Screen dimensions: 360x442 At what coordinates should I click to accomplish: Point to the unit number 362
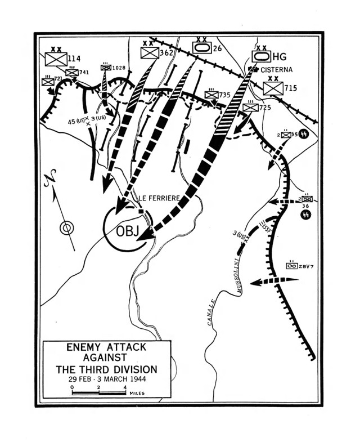point(166,53)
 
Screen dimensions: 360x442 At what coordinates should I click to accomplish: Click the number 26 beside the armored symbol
point(218,48)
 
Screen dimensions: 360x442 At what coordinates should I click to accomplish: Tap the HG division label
point(280,56)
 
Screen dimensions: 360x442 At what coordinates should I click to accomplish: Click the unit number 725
point(266,107)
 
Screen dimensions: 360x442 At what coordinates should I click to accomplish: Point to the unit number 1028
point(118,68)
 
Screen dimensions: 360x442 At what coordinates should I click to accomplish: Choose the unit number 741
point(84,72)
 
